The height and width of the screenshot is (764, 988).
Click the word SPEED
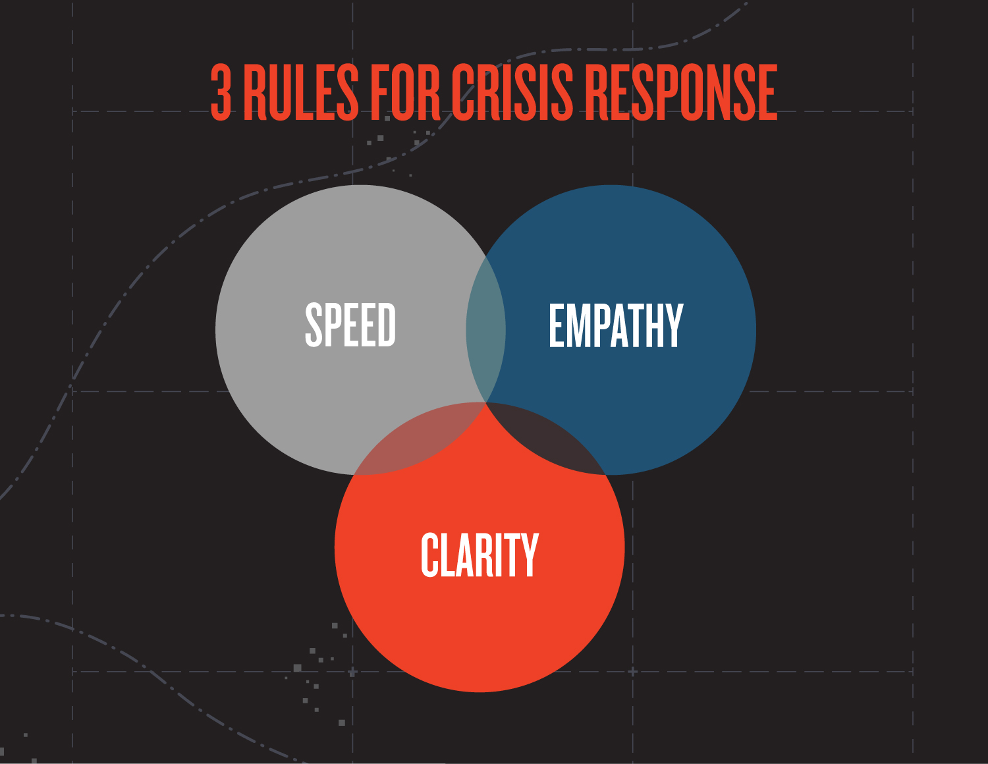point(350,325)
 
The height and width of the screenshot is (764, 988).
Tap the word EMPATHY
point(616,325)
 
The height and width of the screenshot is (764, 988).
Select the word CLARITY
point(480,555)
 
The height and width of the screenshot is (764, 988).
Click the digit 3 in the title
point(221,93)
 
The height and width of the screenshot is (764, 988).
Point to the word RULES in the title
point(302,93)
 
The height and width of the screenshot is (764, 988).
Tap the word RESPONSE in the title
point(681,93)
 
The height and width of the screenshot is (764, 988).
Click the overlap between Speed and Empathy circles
point(485,329)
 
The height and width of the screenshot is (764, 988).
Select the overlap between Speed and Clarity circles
point(422,441)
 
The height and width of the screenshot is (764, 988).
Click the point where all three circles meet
point(486,402)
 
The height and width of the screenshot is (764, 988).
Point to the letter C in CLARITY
point(429,555)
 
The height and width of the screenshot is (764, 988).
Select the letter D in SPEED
point(387,325)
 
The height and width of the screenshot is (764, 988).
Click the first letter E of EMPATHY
point(557,325)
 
